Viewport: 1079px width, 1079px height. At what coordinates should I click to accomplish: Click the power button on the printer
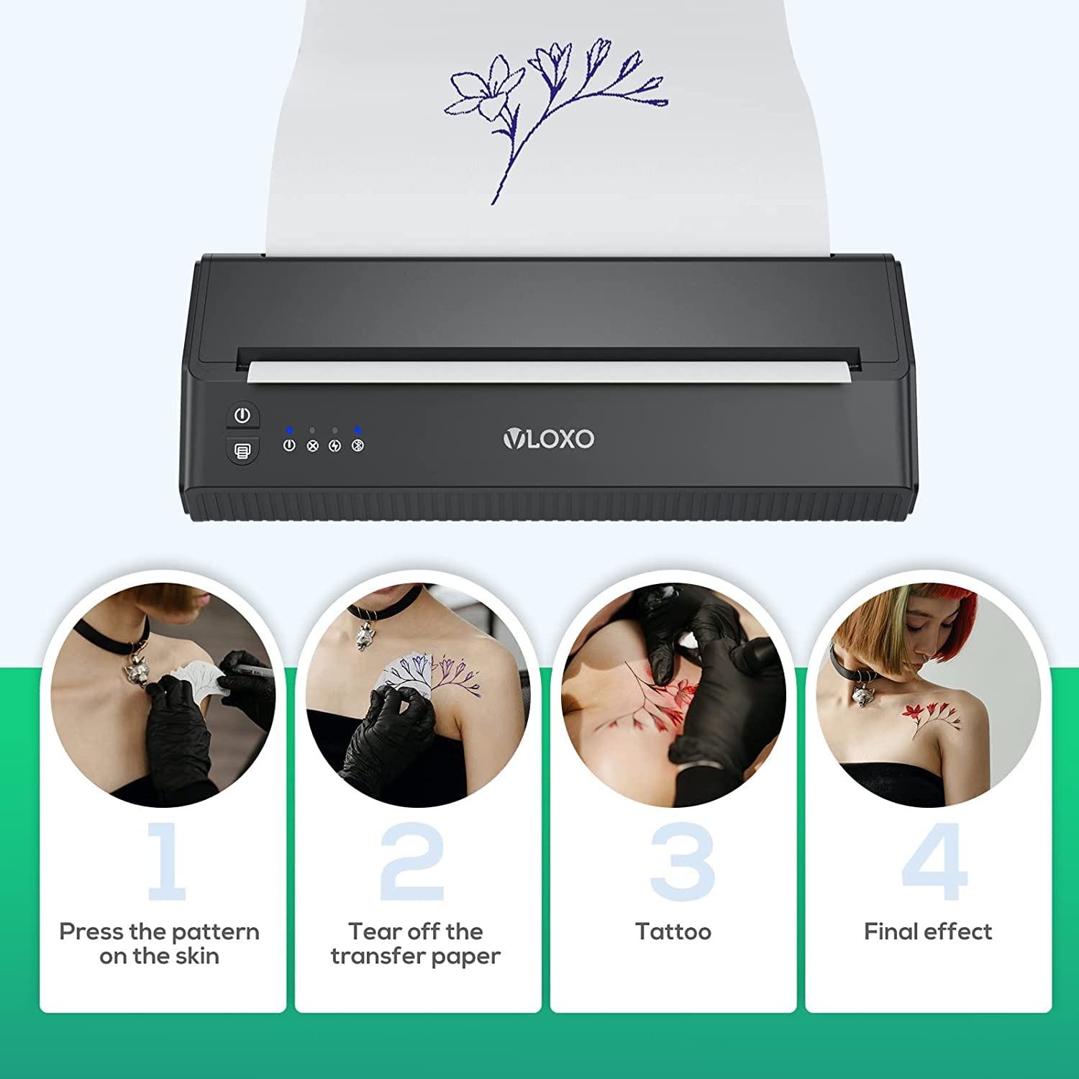click(x=242, y=416)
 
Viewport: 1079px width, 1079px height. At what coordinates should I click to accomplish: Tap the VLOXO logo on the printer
click(x=549, y=439)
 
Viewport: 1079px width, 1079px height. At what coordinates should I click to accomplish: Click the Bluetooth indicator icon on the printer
click(x=358, y=445)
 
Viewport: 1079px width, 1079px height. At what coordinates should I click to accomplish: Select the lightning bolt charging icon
click(x=334, y=445)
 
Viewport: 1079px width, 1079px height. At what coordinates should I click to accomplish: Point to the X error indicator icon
click(x=312, y=445)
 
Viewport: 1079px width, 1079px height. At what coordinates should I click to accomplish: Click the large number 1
click(x=167, y=861)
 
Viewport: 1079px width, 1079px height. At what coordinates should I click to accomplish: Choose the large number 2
click(x=411, y=861)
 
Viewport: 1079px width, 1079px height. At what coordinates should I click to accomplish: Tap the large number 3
click(x=682, y=862)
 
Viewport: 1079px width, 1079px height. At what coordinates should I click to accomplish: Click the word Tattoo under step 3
click(x=673, y=932)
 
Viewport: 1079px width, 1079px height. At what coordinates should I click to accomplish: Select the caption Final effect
click(x=928, y=932)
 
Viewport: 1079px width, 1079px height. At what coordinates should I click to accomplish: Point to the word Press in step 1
click(x=91, y=932)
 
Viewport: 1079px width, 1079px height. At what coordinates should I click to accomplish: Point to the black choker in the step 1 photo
click(x=108, y=637)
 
